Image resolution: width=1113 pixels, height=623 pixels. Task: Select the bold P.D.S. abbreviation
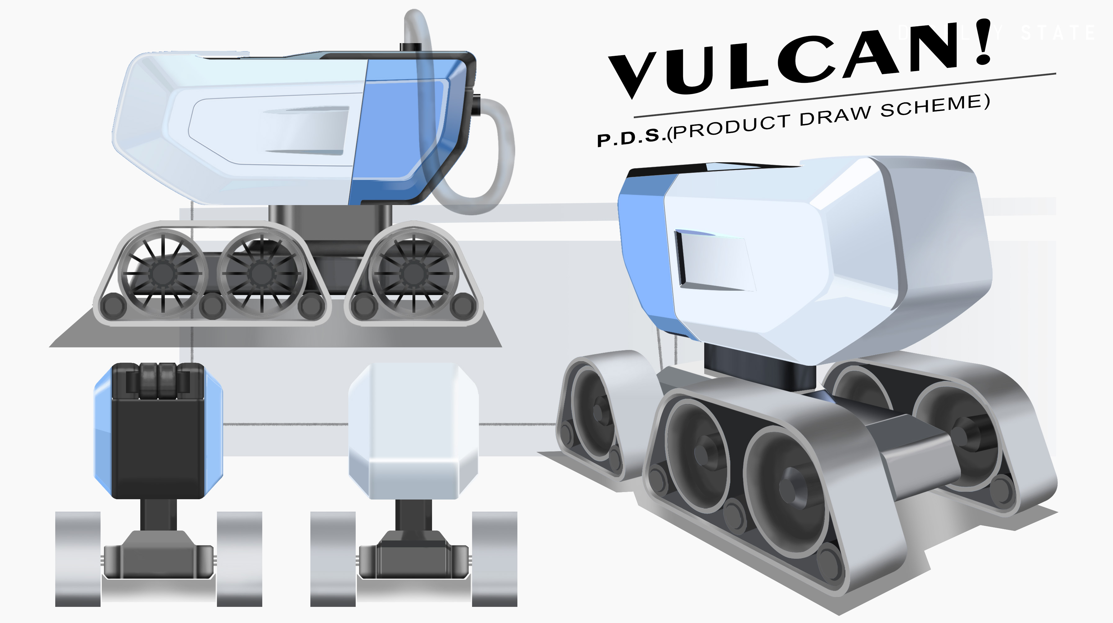pyautogui.click(x=629, y=137)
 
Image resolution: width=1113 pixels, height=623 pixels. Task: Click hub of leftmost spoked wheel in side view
pyautogui.click(x=162, y=273)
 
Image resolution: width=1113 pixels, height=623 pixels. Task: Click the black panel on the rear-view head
pyautogui.click(x=158, y=447)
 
